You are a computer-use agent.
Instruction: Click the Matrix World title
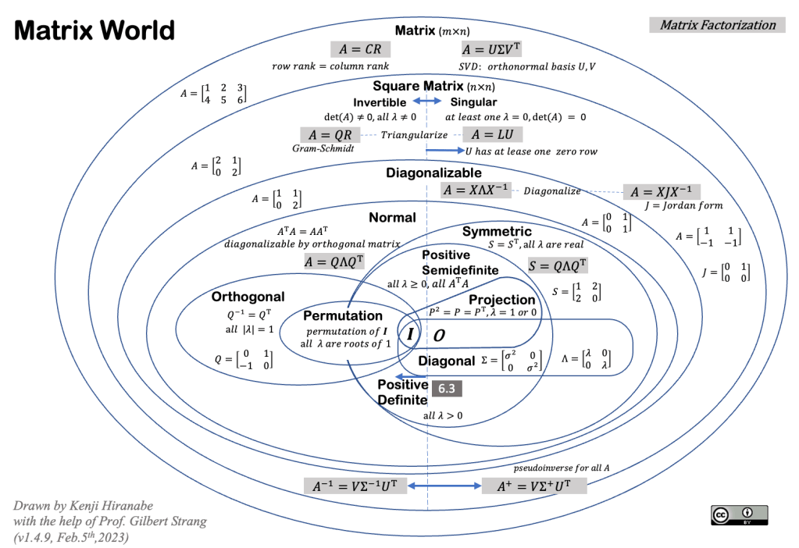pyautogui.click(x=95, y=30)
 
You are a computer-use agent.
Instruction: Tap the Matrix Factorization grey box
pyautogui.click(x=717, y=25)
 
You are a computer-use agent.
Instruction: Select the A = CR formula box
pyautogui.click(x=360, y=49)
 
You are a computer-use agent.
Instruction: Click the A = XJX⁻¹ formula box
pyautogui.click(x=661, y=192)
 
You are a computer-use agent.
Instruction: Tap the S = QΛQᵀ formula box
pyautogui.click(x=558, y=265)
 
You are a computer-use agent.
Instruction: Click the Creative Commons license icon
pyautogui.click(x=739, y=514)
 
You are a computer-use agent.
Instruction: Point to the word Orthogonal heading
pyautogui.click(x=248, y=297)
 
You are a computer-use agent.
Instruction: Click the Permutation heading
pyautogui.click(x=342, y=316)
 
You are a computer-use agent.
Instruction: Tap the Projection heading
pyautogui.click(x=501, y=300)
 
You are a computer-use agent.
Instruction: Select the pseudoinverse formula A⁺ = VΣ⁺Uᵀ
pyautogui.click(x=531, y=486)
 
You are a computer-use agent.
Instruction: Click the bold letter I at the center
pyautogui.click(x=411, y=334)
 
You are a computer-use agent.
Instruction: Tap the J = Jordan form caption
pyautogui.click(x=683, y=206)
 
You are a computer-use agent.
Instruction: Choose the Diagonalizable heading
pyautogui.click(x=433, y=173)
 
